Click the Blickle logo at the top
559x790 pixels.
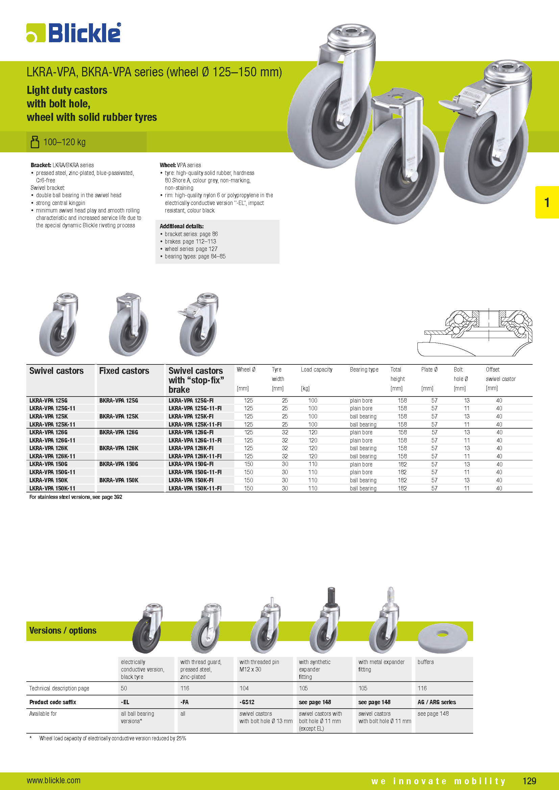[x=74, y=33]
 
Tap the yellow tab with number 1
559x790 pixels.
[x=546, y=202]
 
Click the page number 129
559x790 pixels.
[x=529, y=781]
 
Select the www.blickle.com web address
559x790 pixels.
[x=54, y=780]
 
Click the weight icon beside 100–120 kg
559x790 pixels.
[x=35, y=142]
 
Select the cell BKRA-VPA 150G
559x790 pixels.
[x=119, y=464]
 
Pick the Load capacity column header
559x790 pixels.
[x=316, y=369]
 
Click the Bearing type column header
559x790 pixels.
[x=364, y=369]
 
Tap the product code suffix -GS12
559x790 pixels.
[x=247, y=702]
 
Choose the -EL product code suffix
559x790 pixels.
[x=125, y=702]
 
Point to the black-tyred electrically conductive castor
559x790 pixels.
[x=147, y=629]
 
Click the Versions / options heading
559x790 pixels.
[x=63, y=630]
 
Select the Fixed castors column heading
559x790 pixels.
[x=124, y=371]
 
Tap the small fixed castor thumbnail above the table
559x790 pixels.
[x=129, y=324]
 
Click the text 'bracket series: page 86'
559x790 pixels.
[x=191, y=234]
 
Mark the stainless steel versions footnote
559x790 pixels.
[x=76, y=497]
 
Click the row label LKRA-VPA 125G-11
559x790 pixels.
[x=52, y=408]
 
